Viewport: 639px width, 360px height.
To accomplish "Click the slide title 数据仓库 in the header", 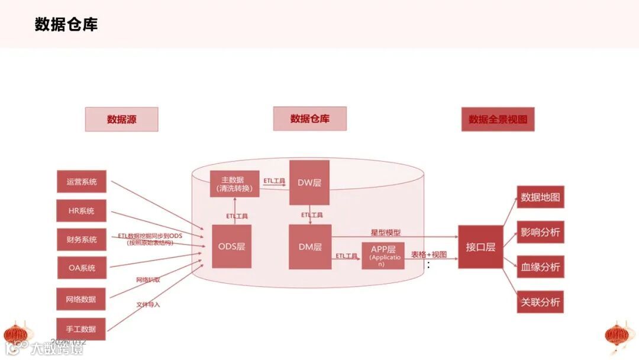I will [x=66, y=24].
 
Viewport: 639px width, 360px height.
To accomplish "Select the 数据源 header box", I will [x=121, y=119].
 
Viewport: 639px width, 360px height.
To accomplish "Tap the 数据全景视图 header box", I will [x=498, y=119].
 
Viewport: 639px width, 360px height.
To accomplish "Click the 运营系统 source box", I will [x=82, y=182].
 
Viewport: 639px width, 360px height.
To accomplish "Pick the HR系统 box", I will [x=82, y=211].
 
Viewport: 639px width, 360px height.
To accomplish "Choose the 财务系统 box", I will [x=82, y=240].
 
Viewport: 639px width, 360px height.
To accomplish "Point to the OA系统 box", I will [x=82, y=268].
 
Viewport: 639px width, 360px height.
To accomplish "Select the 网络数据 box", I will [x=82, y=299].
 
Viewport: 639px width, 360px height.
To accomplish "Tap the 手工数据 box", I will [x=82, y=329].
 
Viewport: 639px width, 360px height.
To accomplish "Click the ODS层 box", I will [x=231, y=246].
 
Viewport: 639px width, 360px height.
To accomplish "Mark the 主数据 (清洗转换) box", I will [x=235, y=184].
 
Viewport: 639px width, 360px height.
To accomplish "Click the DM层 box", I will [x=309, y=246].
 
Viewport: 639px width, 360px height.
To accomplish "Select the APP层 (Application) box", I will [x=383, y=256].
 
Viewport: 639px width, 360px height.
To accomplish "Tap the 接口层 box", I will [x=480, y=247].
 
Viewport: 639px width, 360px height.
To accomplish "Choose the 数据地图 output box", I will [x=540, y=197].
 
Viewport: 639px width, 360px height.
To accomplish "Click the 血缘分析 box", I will [x=540, y=267].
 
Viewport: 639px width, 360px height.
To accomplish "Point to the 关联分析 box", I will [x=540, y=302].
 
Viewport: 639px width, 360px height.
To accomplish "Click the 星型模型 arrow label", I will [x=385, y=233].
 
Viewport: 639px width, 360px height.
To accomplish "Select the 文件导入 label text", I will [x=148, y=305].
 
